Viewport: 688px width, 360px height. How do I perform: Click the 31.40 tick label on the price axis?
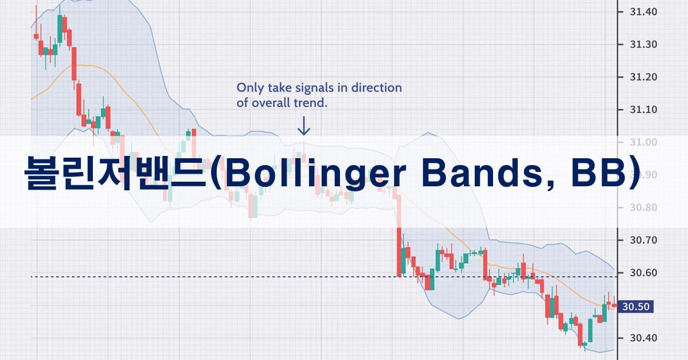pyautogui.click(x=643, y=12)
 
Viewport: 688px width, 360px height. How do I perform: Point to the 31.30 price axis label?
pyautogui.click(x=643, y=45)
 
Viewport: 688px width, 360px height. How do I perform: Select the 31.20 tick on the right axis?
pyautogui.click(x=643, y=77)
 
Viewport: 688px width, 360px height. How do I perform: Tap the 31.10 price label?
pyautogui.click(x=643, y=109)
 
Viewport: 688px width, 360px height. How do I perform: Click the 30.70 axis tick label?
pyautogui.click(x=643, y=240)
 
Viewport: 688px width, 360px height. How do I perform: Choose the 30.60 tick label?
pyautogui.click(x=643, y=273)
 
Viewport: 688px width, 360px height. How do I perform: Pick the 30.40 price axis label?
pyautogui.click(x=643, y=338)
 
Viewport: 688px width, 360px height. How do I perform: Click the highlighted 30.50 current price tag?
pyautogui.click(x=635, y=307)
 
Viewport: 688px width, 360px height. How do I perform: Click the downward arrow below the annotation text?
pyautogui.click(x=304, y=126)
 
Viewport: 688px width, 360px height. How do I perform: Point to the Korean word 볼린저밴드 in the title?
pyautogui.click(x=115, y=174)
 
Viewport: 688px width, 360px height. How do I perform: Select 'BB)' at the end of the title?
pyautogui.click(x=605, y=174)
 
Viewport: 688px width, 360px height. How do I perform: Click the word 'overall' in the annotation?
pyautogui.click(x=271, y=103)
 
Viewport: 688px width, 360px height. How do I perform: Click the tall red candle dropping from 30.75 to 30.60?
pyautogui.click(x=399, y=252)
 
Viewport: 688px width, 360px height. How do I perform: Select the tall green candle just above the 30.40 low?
pyautogui.click(x=591, y=330)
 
